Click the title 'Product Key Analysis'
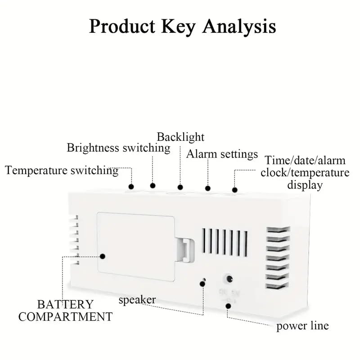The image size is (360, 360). (x=182, y=27)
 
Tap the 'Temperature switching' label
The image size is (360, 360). (x=62, y=171)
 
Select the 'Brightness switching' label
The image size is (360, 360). (x=118, y=148)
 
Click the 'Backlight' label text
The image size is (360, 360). (x=180, y=137)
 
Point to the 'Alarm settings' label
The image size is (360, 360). (x=222, y=154)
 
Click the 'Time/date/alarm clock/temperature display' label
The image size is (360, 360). (x=305, y=172)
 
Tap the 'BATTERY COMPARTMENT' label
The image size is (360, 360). (x=65, y=310)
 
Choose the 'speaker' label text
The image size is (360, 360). (x=137, y=300)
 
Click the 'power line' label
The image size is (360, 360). (x=302, y=326)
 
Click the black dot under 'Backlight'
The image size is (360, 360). (x=180, y=187)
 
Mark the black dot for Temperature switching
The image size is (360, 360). (x=131, y=186)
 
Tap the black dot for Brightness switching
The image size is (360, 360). (x=153, y=185)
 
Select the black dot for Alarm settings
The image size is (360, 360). (x=207, y=188)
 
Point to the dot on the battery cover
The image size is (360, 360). (x=103, y=256)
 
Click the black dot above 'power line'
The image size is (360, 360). (x=229, y=306)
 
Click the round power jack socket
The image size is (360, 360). (x=229, y=279)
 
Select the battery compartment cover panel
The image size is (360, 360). (x=135, y=247)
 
